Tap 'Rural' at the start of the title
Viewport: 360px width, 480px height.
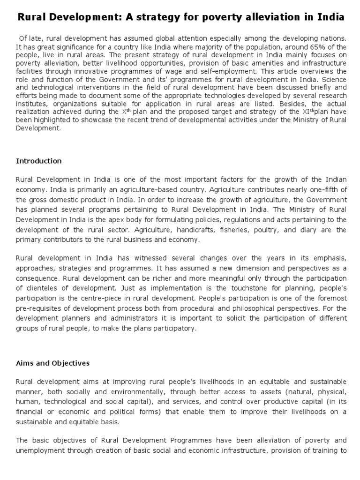pyautogui.click(x=32, y=17)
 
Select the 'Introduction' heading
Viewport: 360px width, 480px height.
pyautogui.click(x=39, y=161)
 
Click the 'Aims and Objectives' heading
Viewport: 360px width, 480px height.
pyautogui.click(x=52, y=363)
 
